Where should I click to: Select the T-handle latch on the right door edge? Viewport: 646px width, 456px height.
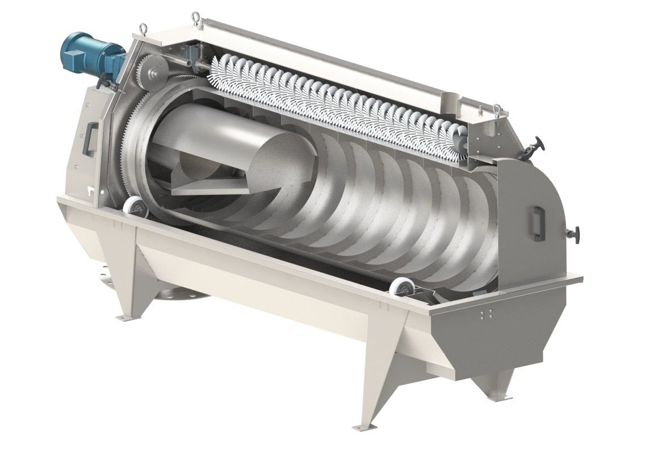point(575,233)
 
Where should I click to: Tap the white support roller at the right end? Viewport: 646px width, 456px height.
point(403,289)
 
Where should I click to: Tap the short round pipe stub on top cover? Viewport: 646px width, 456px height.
point(449,102)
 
